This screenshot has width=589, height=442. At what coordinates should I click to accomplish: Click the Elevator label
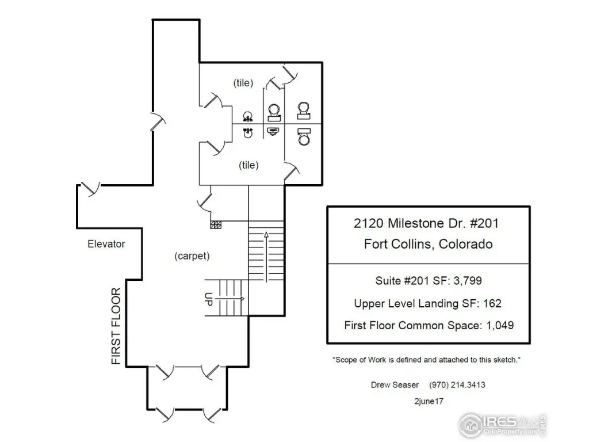106,244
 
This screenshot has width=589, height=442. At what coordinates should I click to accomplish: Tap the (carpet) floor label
192,257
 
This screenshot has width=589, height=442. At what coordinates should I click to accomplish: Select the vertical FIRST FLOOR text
116,326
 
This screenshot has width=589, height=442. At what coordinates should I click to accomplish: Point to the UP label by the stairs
209,299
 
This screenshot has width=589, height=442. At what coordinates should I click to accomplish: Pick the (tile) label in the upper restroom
243,83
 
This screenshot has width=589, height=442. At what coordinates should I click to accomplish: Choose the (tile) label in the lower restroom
248,165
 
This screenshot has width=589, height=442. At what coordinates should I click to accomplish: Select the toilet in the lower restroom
304,137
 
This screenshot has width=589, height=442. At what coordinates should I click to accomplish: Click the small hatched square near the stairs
216,225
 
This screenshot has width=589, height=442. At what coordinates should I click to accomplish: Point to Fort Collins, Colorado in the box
428,244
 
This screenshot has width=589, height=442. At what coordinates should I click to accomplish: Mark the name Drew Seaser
395,384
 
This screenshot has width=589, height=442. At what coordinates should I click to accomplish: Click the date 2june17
428,399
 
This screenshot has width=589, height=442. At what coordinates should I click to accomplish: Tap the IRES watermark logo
500,425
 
